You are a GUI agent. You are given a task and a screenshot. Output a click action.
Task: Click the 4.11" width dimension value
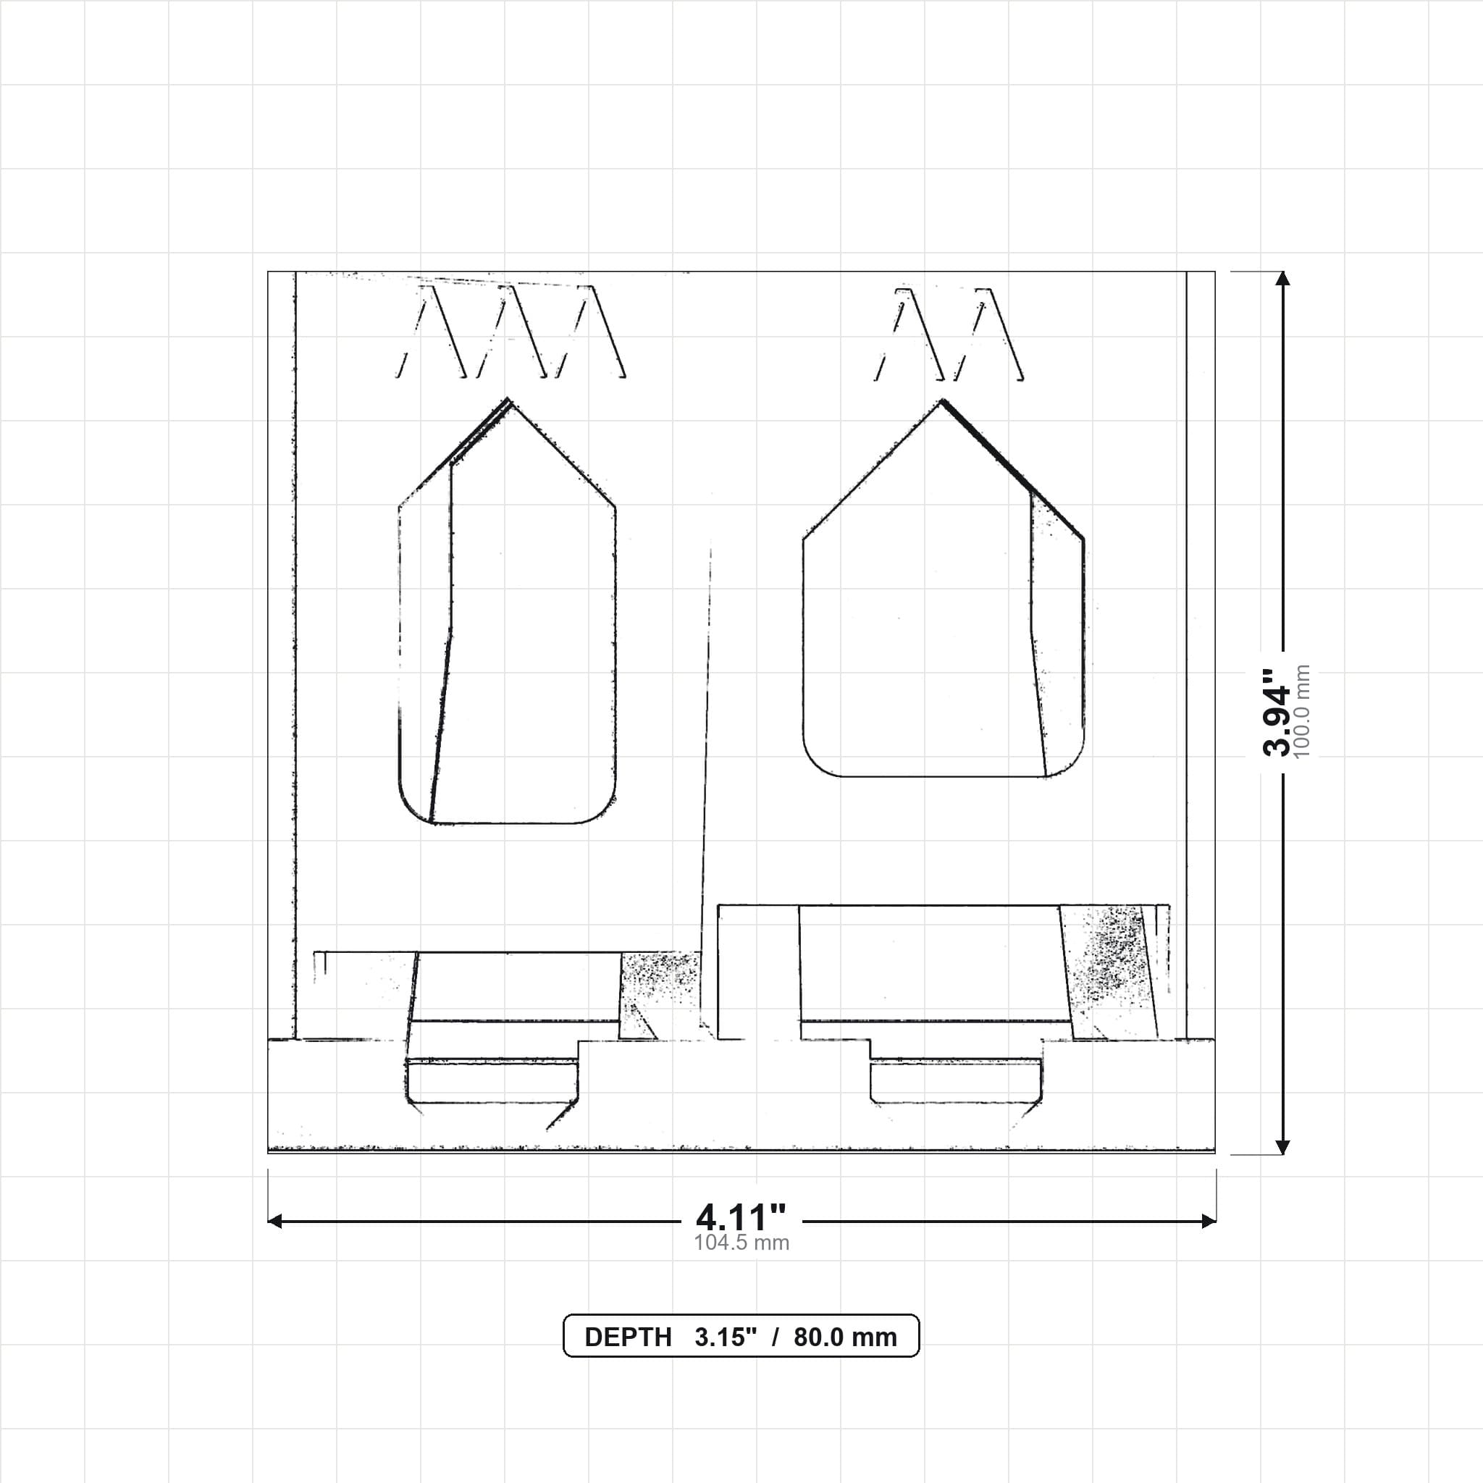click(x=741, y=1217)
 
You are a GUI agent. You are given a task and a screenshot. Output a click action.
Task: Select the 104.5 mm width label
click(x=741, y=1243)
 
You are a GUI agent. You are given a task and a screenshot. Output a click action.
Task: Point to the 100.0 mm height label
click(x=1302, y=712)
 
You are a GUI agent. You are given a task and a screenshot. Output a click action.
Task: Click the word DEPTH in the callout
click(x=628, y=1337)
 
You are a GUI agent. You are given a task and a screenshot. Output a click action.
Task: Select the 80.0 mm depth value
click(x=845, y=1337)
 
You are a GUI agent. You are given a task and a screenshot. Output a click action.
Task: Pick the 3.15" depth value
click(x=726, y=1337)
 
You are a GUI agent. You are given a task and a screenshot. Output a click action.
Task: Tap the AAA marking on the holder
click(x=511, y=332)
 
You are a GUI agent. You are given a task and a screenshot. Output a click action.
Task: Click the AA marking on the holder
click(x=949, y=334)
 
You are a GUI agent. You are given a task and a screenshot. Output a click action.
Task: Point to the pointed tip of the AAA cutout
click(x=508, y=398)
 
